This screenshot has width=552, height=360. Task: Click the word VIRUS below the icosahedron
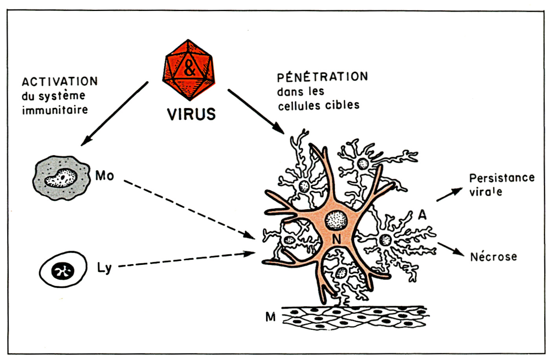[191, 114]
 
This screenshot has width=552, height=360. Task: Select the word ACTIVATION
[60, 82]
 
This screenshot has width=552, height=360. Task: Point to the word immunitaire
[55, 110]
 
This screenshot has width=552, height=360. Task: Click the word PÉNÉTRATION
[323, 77]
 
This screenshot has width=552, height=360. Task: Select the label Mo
[105, 176]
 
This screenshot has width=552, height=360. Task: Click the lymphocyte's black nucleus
[63, 271]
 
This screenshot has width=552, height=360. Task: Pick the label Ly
[104, 268]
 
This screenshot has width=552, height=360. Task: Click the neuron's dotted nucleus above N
[336, 219]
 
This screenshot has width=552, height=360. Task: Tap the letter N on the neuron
[336, 239]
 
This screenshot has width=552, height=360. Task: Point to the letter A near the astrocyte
[422, 215]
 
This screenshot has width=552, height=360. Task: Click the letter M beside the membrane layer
[270, 317]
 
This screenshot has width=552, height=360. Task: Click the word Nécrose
[493, 257]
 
